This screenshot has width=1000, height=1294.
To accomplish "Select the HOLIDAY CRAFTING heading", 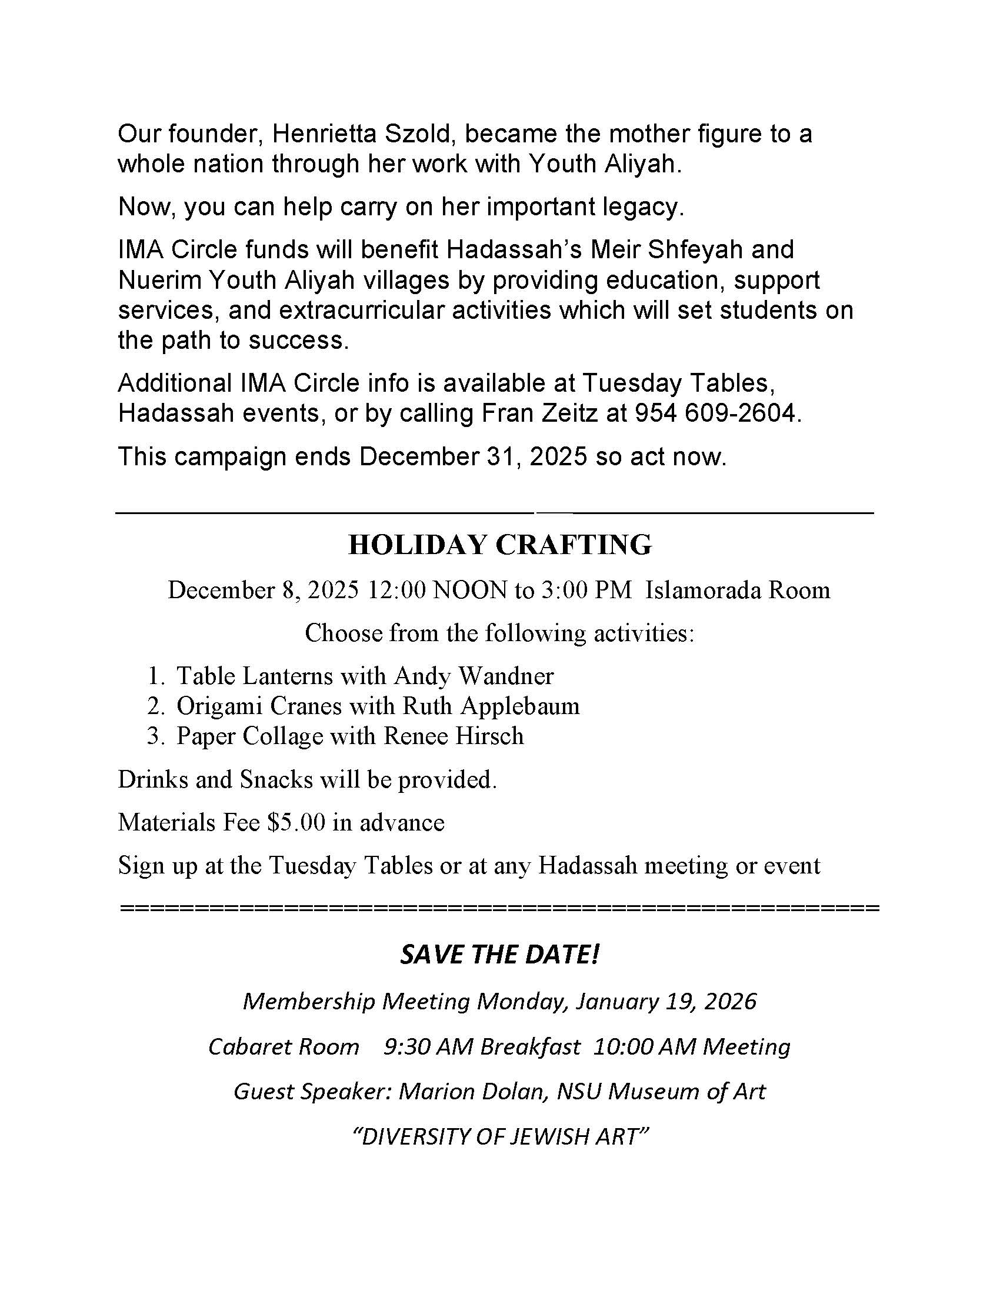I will pyautogui.click(x=500, y=545).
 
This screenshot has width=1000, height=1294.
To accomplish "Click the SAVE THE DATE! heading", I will pyautogui.click(x=500, y=955).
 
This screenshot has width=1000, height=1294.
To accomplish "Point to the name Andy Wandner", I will pyautogui.click(x=474, y=675).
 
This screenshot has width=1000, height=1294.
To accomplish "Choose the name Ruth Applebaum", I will pyautogui.click(x=491, y=706).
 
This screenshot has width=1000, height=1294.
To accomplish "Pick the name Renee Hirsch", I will pyautogui.click(x=454, y=736).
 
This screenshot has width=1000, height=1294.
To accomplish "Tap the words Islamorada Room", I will pyautogui.click(x=738, y=590).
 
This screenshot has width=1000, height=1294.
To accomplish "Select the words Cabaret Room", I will pyautogui.click(x=284, y=1047).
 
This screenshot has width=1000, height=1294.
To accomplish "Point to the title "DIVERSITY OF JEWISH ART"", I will pyautogui.click(x=500, y=1136).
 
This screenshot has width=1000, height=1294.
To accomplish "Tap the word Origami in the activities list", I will pyautogui.click(x=217, y=706).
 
